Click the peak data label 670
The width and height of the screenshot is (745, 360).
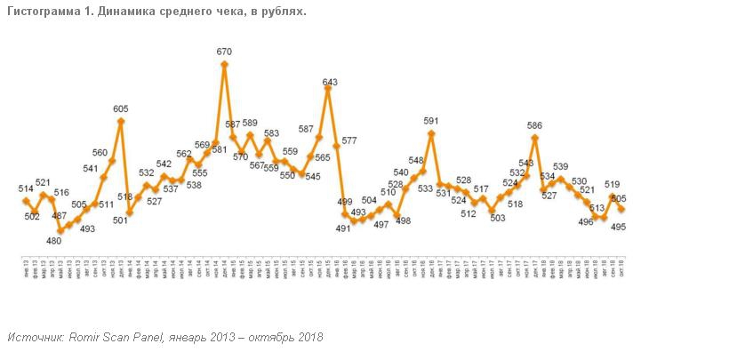(224, 52)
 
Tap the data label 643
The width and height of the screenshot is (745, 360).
(330, 84)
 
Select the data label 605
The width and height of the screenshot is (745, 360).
(121, 109)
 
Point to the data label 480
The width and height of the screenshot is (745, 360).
(54, 241)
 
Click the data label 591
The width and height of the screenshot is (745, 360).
(431, 122)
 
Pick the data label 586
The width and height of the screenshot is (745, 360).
(535, 126)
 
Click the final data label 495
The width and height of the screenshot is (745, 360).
(619, 227)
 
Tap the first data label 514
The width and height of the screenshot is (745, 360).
(26, 188)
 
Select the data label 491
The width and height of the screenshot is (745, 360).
(343, 228)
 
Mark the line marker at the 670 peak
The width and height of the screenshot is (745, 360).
(225, 63)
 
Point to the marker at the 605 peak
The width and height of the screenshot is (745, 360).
(121, 120)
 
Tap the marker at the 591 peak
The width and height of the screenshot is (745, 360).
(431, 133)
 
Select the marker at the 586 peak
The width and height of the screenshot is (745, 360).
(535, 138)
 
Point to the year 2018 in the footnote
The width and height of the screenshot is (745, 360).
(309, 338)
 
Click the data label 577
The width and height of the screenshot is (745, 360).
(348, 140)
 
